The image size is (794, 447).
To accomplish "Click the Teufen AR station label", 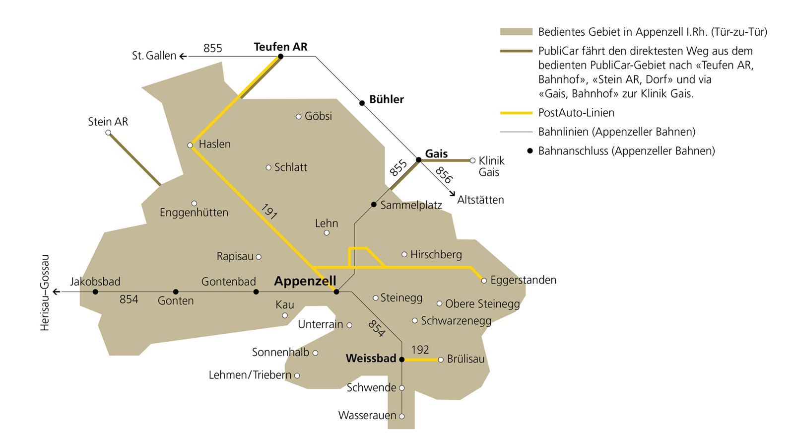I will (280, 47).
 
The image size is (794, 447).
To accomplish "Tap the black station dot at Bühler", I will (362, 103).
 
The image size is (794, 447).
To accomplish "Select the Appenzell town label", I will (305, 281).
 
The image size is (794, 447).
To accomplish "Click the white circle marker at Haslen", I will (190, 146).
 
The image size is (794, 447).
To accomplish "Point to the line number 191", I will (268, 212).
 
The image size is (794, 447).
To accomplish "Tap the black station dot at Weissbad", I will (402, 359).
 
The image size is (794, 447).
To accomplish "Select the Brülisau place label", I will (465, 359).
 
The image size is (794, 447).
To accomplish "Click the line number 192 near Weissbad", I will (420, 350).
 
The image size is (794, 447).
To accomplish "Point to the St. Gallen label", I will (154, 56).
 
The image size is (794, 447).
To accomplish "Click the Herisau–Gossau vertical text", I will (45, 293).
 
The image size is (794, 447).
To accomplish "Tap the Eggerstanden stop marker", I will (484, 281).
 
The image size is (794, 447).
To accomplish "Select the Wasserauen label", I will (367, 415).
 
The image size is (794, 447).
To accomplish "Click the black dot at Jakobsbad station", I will (95, 292).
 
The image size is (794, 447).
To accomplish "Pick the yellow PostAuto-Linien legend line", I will (516, 113).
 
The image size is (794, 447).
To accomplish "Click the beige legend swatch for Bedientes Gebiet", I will (516, 32).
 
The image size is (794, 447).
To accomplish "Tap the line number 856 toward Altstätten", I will (444, 175).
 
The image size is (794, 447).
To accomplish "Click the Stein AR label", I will (108, 122).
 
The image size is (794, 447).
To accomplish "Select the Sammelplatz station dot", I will (374, 205).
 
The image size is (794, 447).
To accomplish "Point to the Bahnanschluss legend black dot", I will (529, 150).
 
